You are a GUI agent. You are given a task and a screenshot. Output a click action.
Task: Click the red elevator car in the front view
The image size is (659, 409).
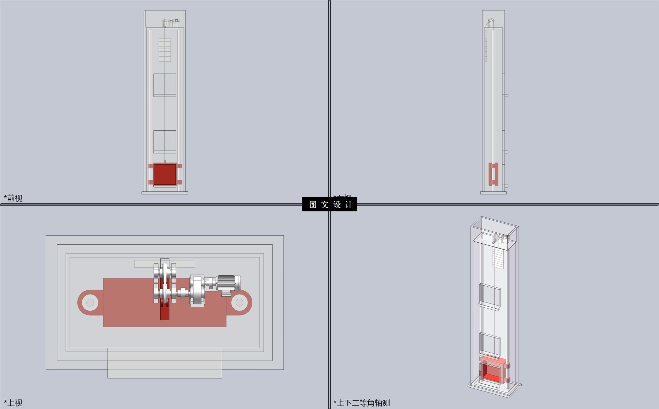pos(165,175)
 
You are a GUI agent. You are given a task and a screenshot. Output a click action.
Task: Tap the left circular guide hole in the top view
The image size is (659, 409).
pos(90,302)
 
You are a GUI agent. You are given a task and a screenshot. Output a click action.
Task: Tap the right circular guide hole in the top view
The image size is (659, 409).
pos(240,302)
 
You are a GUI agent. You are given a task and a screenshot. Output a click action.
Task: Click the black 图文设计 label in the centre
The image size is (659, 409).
pos(329,204)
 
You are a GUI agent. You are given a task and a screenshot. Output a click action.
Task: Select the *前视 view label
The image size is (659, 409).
pos(13,198)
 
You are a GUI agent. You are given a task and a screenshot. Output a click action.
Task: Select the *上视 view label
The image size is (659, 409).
pos(13,402)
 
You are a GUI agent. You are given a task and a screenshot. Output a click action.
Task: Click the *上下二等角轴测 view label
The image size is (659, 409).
pos(362,402)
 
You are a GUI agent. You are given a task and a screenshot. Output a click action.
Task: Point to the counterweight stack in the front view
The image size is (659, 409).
pos(165,50)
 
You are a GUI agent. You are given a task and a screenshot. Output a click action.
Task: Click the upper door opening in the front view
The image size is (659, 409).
pos(165,85)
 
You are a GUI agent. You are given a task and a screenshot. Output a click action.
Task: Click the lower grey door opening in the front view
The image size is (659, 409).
pos(165,141)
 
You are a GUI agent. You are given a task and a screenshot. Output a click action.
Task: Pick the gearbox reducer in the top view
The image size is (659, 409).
pos(197,290)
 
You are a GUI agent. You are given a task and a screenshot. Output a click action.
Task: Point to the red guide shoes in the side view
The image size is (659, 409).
pos(493,174)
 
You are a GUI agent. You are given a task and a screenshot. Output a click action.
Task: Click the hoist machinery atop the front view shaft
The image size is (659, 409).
pos(171,21)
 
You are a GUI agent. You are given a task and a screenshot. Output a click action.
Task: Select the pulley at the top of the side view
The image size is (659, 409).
pos(490,22)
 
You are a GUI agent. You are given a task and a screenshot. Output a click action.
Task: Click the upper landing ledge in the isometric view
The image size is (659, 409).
pos(489,305)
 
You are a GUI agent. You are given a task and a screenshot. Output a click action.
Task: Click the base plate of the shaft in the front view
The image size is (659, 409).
pos(165,193)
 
